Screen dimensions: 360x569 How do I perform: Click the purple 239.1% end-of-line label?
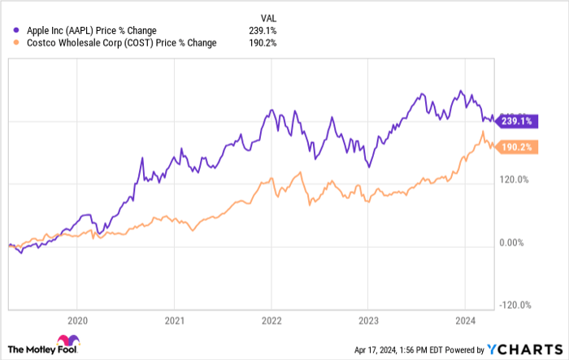pos(515,120)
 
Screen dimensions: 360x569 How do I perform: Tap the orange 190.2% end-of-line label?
pos(515,147)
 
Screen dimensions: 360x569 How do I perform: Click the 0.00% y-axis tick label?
pos(512,242)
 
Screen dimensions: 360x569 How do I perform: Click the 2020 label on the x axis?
pos(77,319)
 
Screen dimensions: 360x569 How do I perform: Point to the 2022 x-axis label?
pos(271,319)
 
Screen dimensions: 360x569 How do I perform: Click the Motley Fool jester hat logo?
pos(65,344)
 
